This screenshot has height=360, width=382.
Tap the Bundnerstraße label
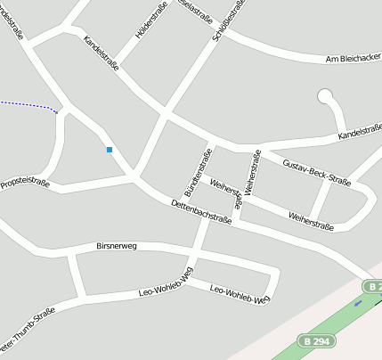click(197, 174)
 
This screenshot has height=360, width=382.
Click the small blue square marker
click(110, 150)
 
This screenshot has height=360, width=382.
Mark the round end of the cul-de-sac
click(325, 95)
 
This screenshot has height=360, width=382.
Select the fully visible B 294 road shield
click(317, 341)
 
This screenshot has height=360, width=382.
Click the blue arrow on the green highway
click(358, 303)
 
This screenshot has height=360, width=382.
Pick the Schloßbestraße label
click(223, 20)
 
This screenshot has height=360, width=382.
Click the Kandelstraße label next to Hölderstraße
click(101, 53)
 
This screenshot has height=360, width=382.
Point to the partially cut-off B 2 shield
click(373, 286)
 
